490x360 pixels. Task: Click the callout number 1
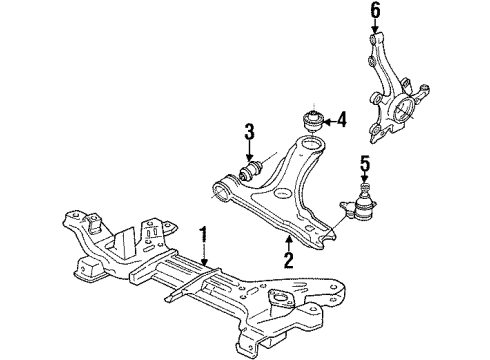click(x=203, y=235)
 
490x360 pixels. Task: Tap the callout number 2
click(x=289, y=260)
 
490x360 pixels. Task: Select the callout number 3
click(x=249, y=131)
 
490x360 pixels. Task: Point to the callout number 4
click(x=341, y=120)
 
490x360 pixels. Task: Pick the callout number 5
click(x=365, y=164)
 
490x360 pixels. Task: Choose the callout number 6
click(x=375, y=10)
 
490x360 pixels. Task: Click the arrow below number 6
click(x=375, y=26)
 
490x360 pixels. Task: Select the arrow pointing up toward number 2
click(x=289, y=243)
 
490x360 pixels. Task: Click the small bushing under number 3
click(x=252, y=169)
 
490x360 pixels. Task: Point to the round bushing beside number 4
click(x=312, y=122)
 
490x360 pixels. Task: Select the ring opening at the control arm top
click(x=310, y=145)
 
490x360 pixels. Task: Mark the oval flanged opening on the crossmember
click(x=281, y=296)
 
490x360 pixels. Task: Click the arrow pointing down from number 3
click(x=249, y=151)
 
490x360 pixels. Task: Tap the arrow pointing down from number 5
click(x=365, y=177)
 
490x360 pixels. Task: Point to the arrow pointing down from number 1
click(x=204, y=255)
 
